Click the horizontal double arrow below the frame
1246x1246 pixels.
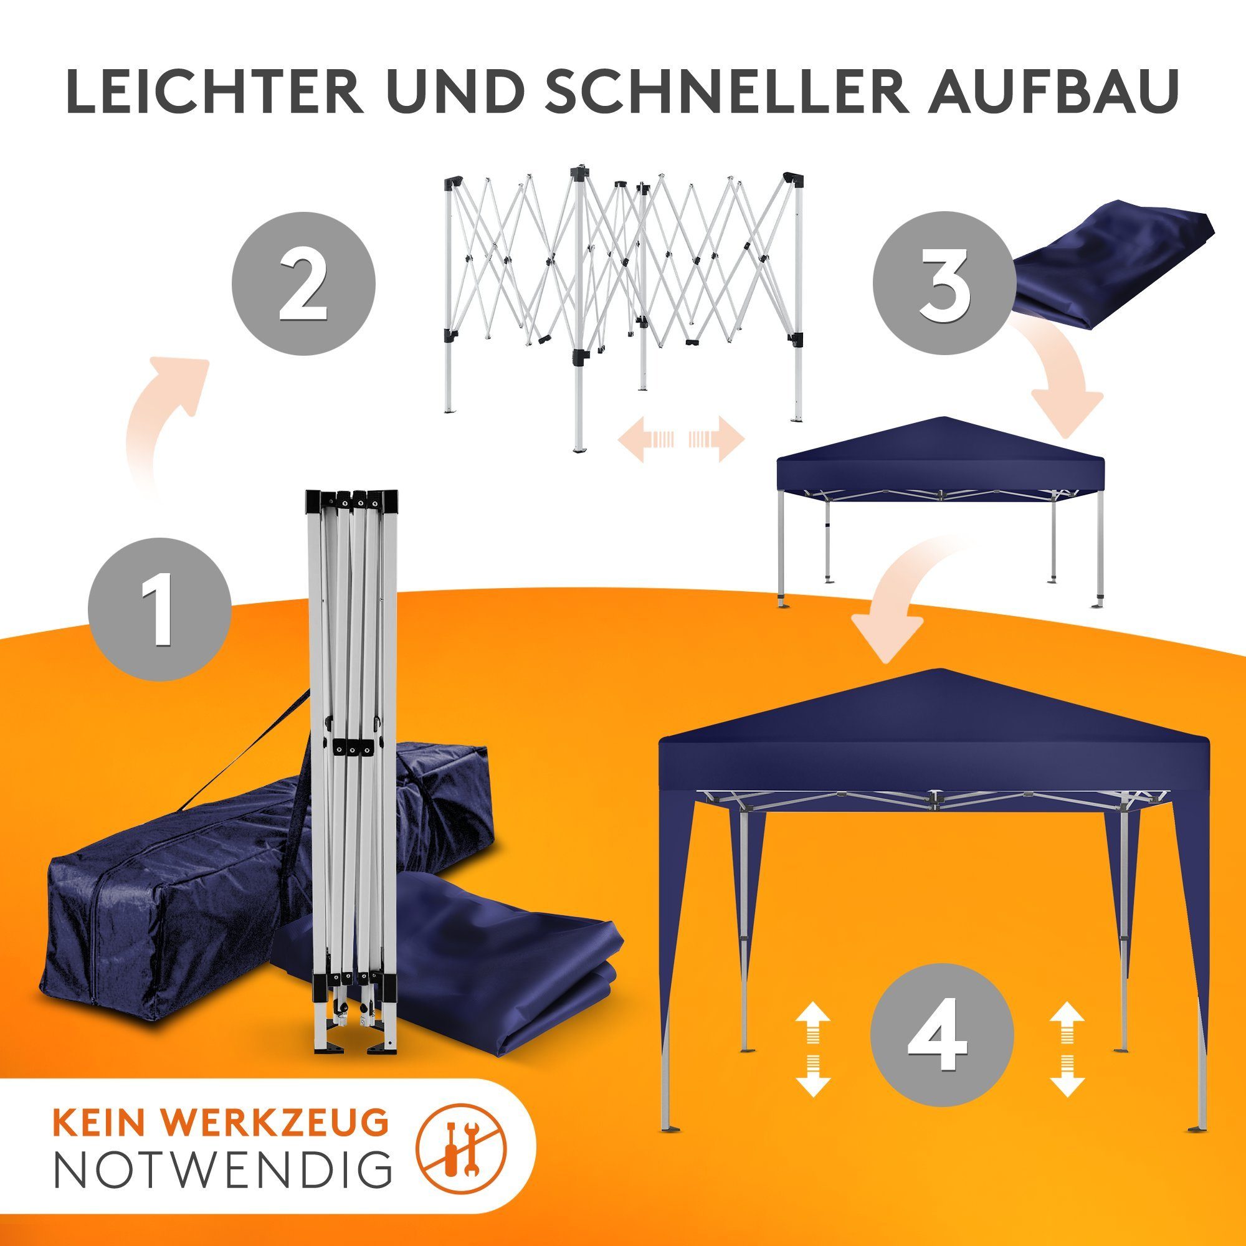tap(682, 439)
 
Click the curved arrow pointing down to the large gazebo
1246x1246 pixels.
tap(903, 593)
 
